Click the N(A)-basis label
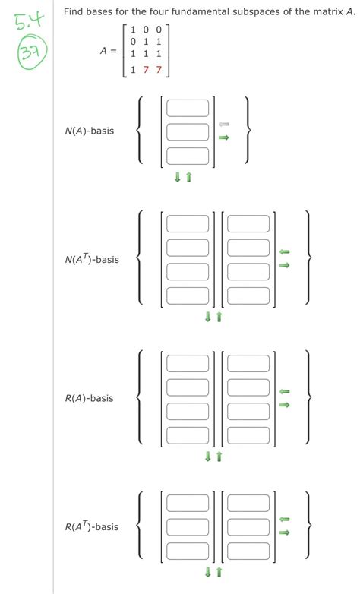point(89,131)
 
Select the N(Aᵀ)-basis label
point(92,260)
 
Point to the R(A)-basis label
point(89,398)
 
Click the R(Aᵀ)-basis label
point(92,526)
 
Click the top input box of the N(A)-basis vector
point(188,108)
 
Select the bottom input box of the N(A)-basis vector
point(188,156)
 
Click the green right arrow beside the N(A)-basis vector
point(223,137)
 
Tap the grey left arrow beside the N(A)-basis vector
point(223,124)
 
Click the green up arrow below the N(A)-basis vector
point(189,177)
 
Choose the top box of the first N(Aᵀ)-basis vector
point(188,224)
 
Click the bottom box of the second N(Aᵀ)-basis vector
point(248,295)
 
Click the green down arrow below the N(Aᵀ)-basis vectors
point(207,317)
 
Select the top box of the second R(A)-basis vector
point(248,363)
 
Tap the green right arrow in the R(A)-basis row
point(284,405)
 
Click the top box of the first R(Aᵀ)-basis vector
point(188,503)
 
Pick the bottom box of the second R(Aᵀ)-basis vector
point(248,551)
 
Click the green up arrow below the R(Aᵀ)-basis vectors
point(219,572)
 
